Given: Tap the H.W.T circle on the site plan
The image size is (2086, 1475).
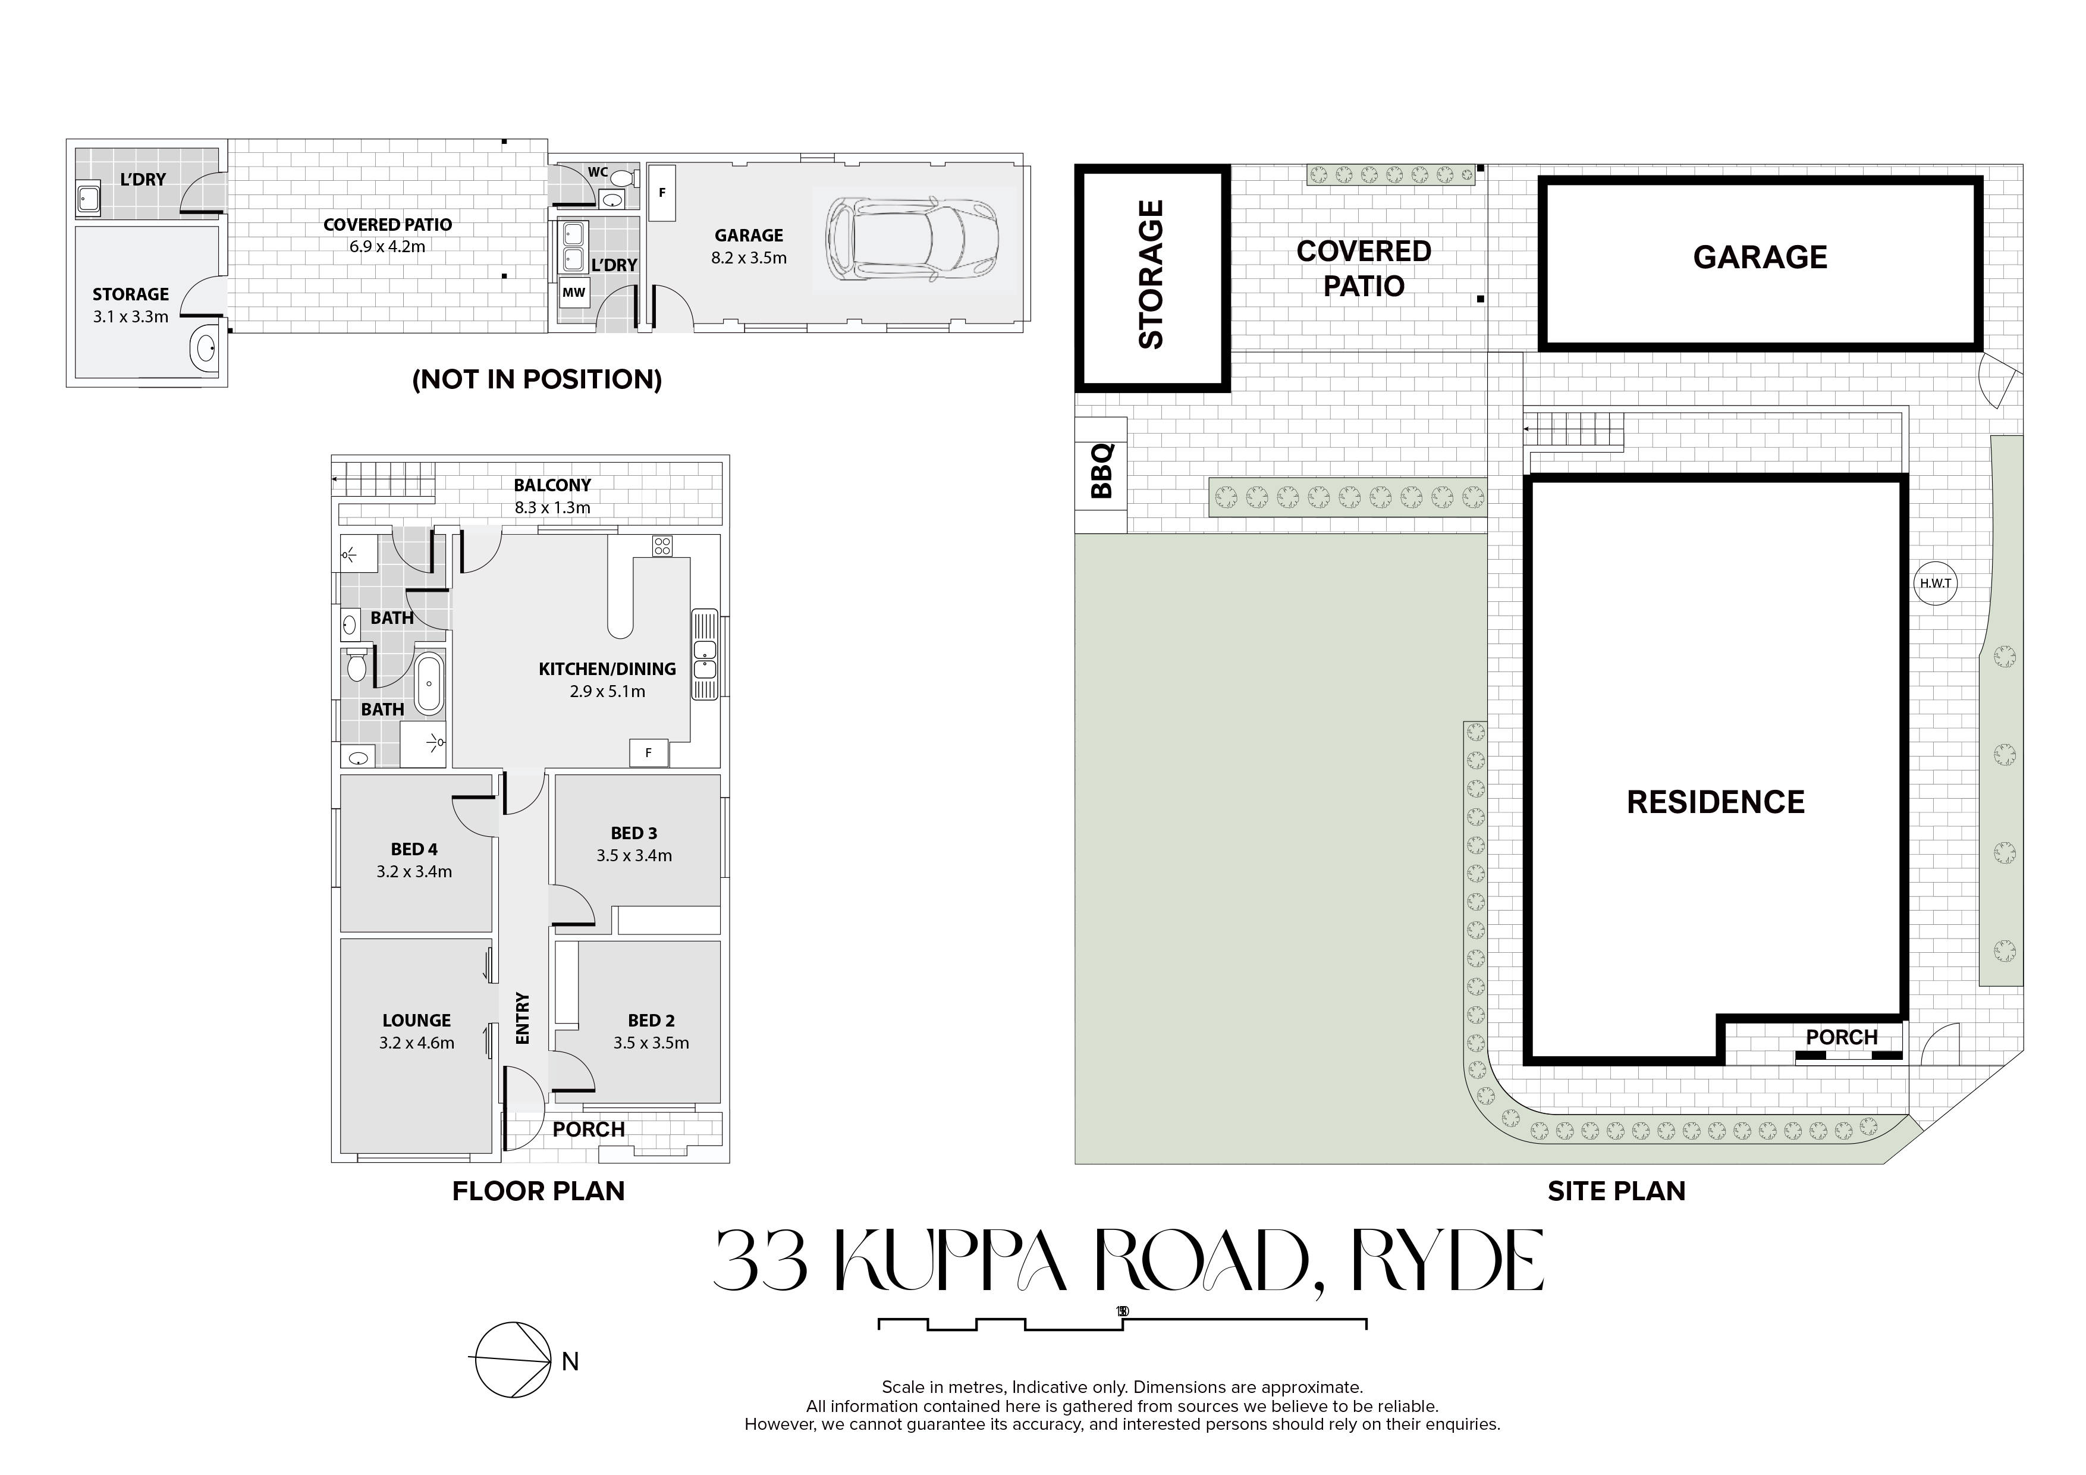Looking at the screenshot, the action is tap(1935, 583).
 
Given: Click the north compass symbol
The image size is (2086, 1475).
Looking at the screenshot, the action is tap(513, 1360).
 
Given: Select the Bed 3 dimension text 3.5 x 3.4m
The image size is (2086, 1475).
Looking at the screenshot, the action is tap(634, 855).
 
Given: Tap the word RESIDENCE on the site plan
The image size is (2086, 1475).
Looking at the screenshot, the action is tap(1716, 802).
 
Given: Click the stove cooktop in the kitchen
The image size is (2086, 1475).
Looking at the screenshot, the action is tap(662, 545).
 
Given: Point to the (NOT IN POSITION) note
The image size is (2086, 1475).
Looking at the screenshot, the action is tap(537, 379).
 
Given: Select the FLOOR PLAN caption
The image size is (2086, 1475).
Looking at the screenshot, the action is tap(539, 1191).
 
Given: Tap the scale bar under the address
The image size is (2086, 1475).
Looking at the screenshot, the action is tap(1122, 1323).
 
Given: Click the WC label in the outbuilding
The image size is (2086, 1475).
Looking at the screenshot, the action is tap(598, 172).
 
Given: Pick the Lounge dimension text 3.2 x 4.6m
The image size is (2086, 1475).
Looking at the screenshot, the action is tap(417, 1043).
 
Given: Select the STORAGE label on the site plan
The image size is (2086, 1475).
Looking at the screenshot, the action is tap(1151, 274).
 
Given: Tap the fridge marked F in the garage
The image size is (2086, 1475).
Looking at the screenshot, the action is tap(662, 193).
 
